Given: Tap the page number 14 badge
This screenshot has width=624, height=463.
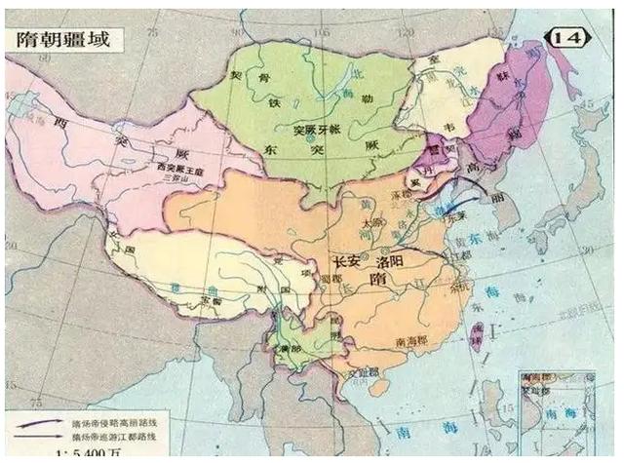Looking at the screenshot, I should (x=571, y=37).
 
